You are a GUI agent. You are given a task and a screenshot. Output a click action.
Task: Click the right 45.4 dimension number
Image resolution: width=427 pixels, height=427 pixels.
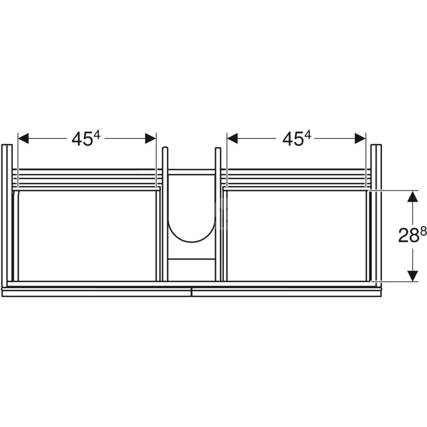[x=297, y=139]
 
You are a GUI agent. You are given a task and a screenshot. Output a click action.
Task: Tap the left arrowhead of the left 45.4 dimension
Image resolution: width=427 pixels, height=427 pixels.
[x=23, y=138]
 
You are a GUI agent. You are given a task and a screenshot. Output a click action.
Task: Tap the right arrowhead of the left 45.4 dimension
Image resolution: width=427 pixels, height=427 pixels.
[x=151, y=138]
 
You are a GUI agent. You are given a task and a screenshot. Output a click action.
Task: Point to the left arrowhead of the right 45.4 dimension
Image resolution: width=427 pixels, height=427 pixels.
[x=232, y=138]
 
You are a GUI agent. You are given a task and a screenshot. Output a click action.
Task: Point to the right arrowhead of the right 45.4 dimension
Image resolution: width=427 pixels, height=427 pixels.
[x=360, y=138]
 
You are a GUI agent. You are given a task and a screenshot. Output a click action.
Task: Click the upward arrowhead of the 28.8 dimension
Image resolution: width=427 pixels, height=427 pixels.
[x=413, y=196]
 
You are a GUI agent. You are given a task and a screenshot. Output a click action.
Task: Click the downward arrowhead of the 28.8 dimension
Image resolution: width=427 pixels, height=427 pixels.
[x=413, y=276]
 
